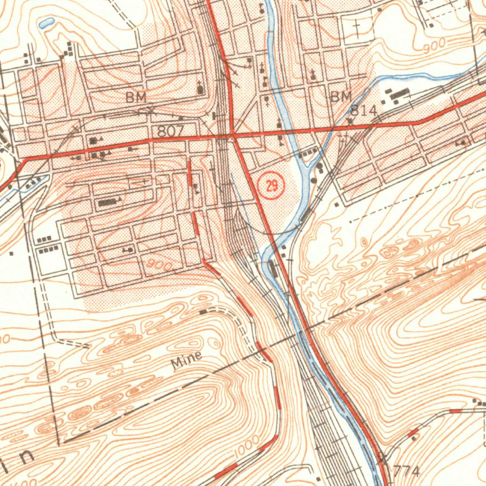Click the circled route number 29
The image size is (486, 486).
tap(271, 186)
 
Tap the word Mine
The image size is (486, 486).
tap(187, 360)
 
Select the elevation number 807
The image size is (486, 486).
tap(170, 131)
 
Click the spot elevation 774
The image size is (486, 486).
tap(407, 471)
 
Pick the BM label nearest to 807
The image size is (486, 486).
tap(136, 98)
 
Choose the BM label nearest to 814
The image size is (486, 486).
tap(341, 97)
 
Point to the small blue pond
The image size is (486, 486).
tap(47, 22)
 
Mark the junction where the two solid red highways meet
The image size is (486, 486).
tap(233, 136)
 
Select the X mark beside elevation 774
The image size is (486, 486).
tap(383, 459)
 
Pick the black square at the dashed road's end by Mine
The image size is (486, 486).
tap(203, 312)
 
